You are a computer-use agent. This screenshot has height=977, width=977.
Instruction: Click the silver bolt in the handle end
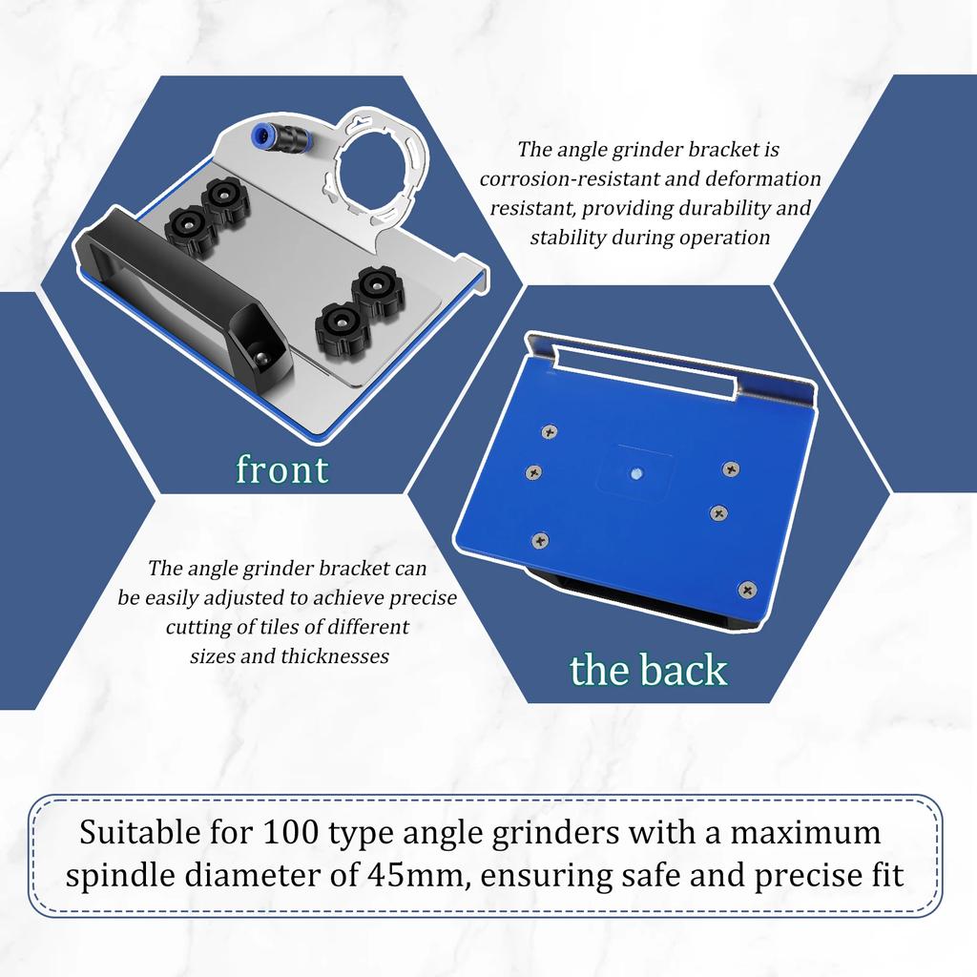(x=262, y=357)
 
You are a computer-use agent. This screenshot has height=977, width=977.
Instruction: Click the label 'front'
(x=281, y=469)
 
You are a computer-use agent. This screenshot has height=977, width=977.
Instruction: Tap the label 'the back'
(x=648, y=670)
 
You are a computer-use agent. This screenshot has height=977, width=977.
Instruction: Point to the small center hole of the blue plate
(x=635, y=472)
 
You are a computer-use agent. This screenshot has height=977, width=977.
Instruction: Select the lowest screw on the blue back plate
(x=746, y=589)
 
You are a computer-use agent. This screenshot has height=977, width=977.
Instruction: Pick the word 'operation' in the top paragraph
(x=726, y=238)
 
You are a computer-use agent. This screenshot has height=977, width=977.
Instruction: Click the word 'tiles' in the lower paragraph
(x=260, y=628)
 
